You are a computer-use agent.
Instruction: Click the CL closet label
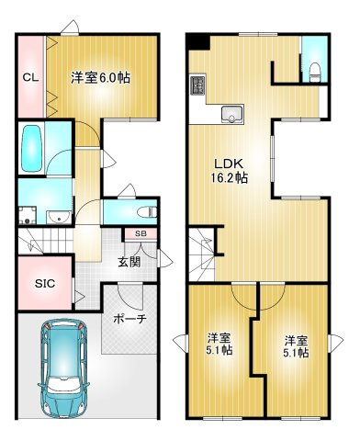tap(29, 77)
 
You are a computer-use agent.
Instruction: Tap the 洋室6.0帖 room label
tap(100, 78)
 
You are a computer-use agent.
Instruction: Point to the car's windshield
tap(61, 349)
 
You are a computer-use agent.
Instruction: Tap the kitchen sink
tap(231, 115)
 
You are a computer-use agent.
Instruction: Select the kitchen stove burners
tap(197, 86)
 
